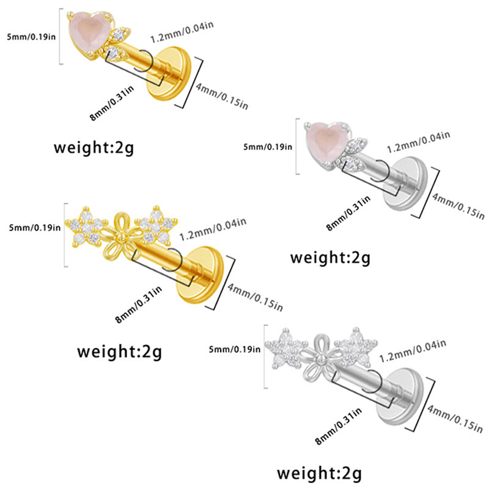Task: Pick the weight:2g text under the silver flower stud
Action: (319, 472)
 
